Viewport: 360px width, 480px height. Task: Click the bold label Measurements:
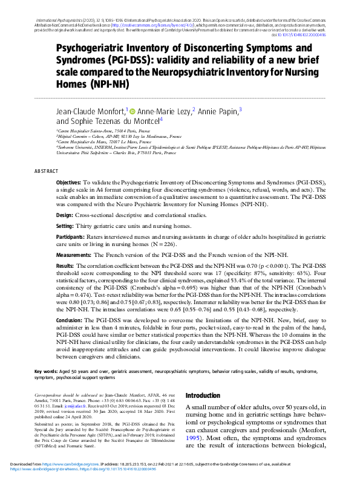(x=74, y=256)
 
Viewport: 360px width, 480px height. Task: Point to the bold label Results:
(x=65, y=266)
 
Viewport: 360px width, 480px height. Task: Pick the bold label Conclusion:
(x=69, y=321)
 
